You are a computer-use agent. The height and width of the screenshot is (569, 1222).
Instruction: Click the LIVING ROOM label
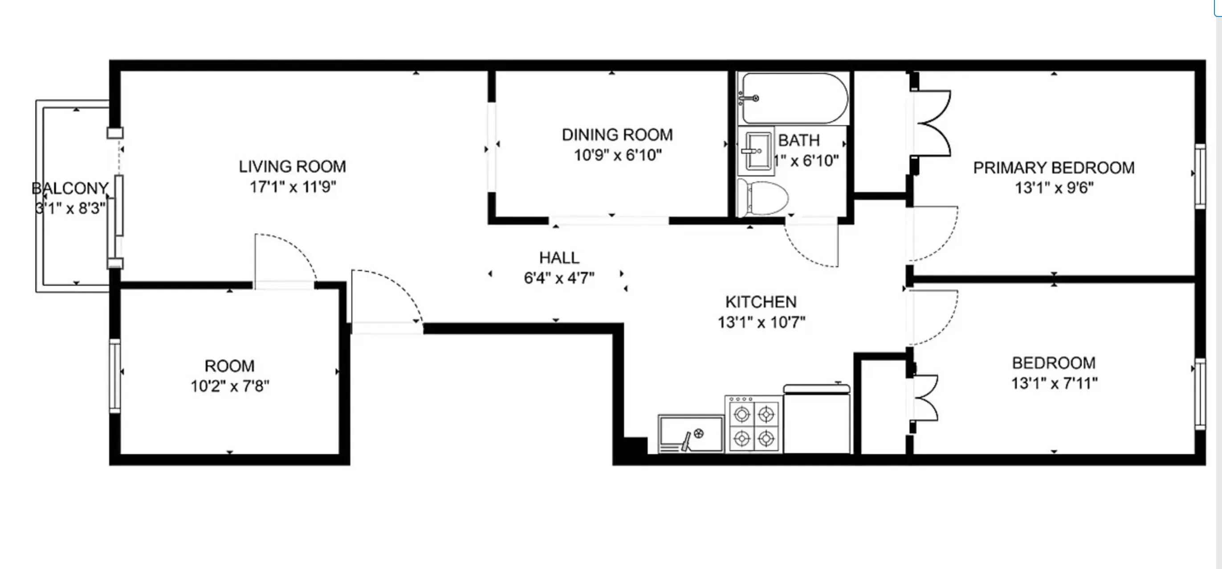[x=292, y=167]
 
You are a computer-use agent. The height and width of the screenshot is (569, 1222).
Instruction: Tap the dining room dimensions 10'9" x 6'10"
[x=618, y=155]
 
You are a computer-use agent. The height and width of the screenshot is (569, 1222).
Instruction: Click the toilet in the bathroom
[x=763, y=197]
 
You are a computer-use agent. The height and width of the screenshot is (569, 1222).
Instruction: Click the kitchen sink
[x=691, y=433]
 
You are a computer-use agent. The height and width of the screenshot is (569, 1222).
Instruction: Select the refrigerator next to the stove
[x=816, y=420]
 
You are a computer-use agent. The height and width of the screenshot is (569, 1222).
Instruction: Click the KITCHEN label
[x=761, y=302]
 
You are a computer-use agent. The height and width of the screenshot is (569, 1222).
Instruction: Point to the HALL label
[x=559, y=258]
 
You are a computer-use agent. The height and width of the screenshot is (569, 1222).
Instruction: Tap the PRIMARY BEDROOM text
[x=1054, y=168]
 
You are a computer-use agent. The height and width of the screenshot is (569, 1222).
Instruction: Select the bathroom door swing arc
[x=811, y=245]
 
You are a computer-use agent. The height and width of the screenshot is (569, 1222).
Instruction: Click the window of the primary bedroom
[x=1200, y=176]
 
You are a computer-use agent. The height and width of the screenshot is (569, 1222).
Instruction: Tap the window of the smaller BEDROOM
[x=1200, y=394]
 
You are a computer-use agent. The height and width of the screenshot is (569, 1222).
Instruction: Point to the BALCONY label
[x=70, y=188]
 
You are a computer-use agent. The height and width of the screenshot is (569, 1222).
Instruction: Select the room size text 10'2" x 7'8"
[x=230, y=386]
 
